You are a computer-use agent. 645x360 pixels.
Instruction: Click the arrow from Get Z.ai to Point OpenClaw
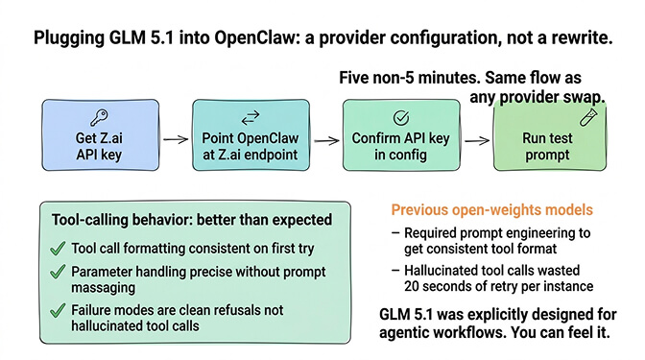point(174,140)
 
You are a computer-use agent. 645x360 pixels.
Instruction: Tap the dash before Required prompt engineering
point(396,232)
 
